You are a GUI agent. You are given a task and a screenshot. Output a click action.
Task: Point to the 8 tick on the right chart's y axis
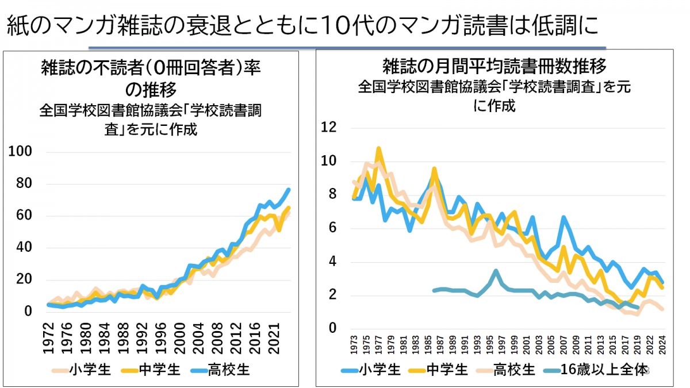(x=332, y=194)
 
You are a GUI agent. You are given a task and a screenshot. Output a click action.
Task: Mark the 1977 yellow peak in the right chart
(x=378, y=149)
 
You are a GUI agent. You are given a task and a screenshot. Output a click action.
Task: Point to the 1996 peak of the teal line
(x=496, y=270)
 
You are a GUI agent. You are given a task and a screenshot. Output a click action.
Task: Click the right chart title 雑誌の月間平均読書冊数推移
(x=494, y=67)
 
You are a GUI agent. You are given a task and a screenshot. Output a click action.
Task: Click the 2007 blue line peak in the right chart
(x=563, y=217)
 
